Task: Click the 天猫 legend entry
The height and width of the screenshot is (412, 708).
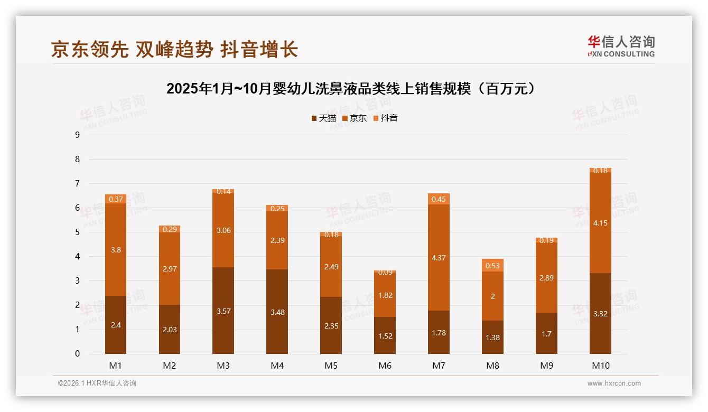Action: point(323,118)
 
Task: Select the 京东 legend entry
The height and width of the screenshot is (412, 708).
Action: point(355,118)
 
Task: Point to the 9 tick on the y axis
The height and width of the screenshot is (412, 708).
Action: point(77,135)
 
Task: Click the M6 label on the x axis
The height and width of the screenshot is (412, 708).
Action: point(385,366)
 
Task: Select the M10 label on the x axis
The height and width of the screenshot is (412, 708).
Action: point(600,366)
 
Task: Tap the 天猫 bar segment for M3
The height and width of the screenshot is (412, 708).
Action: point(223,311)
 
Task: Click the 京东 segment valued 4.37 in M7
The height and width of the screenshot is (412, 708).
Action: point(439,257)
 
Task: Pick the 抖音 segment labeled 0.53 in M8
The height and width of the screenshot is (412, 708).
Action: point(492,265)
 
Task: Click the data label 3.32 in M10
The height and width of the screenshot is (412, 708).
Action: point(600,313)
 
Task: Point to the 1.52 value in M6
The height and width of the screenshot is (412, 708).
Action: point(385,335)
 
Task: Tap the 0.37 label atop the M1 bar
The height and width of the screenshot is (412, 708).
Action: point(116,199)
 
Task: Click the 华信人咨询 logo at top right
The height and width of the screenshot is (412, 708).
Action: point(621,46)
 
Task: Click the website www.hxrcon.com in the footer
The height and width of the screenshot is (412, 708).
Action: point(614,383)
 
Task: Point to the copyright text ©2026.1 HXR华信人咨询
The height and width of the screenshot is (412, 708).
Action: point(97,383)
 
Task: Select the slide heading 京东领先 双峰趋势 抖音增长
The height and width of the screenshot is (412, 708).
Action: point(174,50)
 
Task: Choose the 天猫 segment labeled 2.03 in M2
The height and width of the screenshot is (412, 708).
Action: point(170,329)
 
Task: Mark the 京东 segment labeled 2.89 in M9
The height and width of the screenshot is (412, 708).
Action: point(546,277)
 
